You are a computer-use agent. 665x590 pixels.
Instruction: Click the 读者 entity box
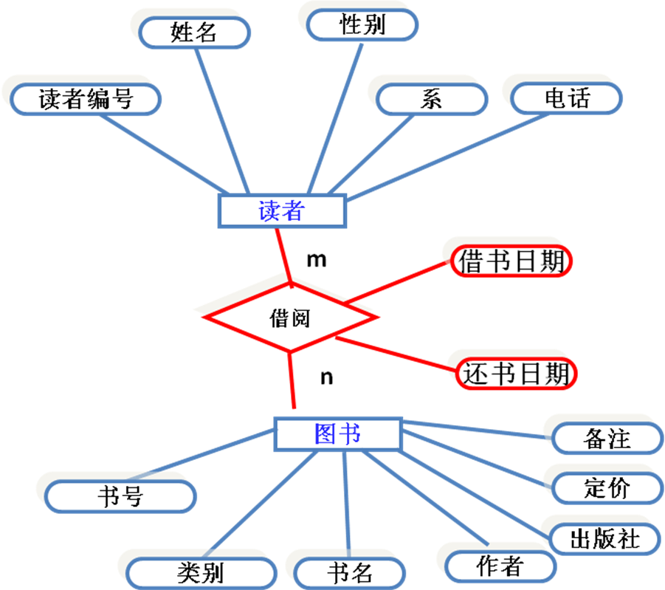point(282,211)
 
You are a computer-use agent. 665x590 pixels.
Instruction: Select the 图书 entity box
point(337,434)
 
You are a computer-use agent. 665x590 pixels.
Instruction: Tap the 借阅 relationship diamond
point(290,318)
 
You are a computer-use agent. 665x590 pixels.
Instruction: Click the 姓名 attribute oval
point(195,32)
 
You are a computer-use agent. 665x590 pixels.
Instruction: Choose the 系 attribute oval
point(431,99)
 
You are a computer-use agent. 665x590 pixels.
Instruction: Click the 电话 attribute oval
point(567,97)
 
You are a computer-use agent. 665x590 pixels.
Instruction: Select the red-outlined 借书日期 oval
point(511,261)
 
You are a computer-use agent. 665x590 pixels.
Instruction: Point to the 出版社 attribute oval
point(604,538)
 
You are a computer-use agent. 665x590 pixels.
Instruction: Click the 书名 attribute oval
point(350,572)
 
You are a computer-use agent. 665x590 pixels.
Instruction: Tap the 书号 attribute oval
point(120,496)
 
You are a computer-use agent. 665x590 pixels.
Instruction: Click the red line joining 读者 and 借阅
point(283,255)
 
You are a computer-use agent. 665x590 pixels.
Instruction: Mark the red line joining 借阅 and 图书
point(292,380)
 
